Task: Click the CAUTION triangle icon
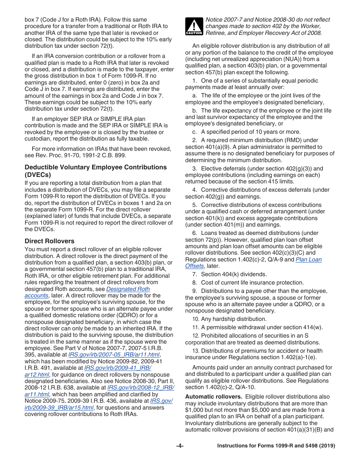coord(194,26)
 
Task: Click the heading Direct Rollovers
coord(50,241)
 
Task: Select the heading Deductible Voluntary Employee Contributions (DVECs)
coord(95,170)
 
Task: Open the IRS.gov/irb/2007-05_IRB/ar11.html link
coord(114,355)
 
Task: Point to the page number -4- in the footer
coord(180,446)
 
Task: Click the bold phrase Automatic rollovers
coord(214,397)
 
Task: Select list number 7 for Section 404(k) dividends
coord(194,274)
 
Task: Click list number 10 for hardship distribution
coord(196,319)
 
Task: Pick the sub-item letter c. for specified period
coord(194,132)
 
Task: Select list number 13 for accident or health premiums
coord(196,351)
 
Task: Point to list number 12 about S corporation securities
coord(196,336)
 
